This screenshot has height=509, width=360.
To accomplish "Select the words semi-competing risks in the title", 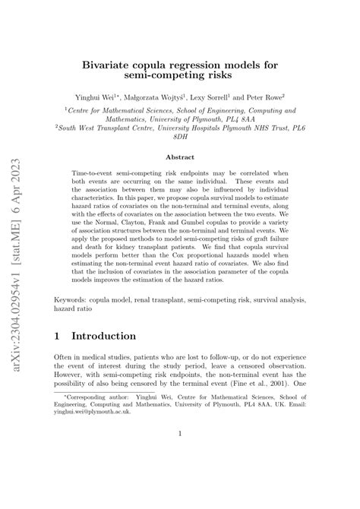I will point(180,77).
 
